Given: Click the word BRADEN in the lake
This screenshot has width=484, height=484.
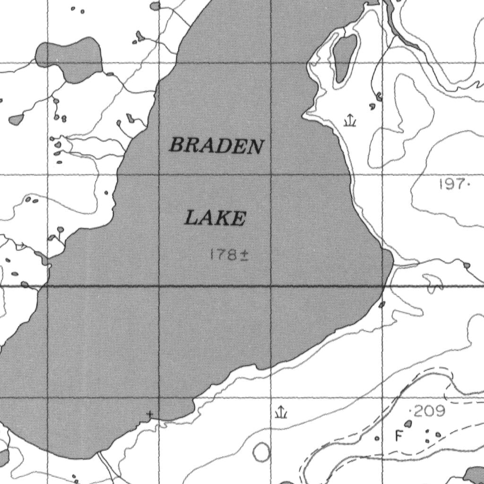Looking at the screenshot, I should click(216, 146).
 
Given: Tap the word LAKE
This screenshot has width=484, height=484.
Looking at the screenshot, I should click(215, 218).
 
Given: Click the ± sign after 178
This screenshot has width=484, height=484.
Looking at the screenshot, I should click(245, 256).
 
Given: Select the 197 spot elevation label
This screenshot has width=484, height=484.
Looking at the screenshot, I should click(452, 184).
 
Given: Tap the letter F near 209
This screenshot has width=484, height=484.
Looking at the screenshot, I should click(398, 436).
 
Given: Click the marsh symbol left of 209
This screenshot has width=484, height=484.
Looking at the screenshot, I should click(281, 412).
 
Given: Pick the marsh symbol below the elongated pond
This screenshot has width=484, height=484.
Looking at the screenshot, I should click(349, 121).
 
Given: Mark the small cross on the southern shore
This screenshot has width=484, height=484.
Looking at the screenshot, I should click(150, 415).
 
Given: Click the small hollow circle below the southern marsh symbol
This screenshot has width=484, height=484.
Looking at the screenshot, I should click(261, 452).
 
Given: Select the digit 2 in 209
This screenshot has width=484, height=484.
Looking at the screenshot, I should click(420, 411).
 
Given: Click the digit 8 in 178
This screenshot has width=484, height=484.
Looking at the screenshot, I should click(232, 255).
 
